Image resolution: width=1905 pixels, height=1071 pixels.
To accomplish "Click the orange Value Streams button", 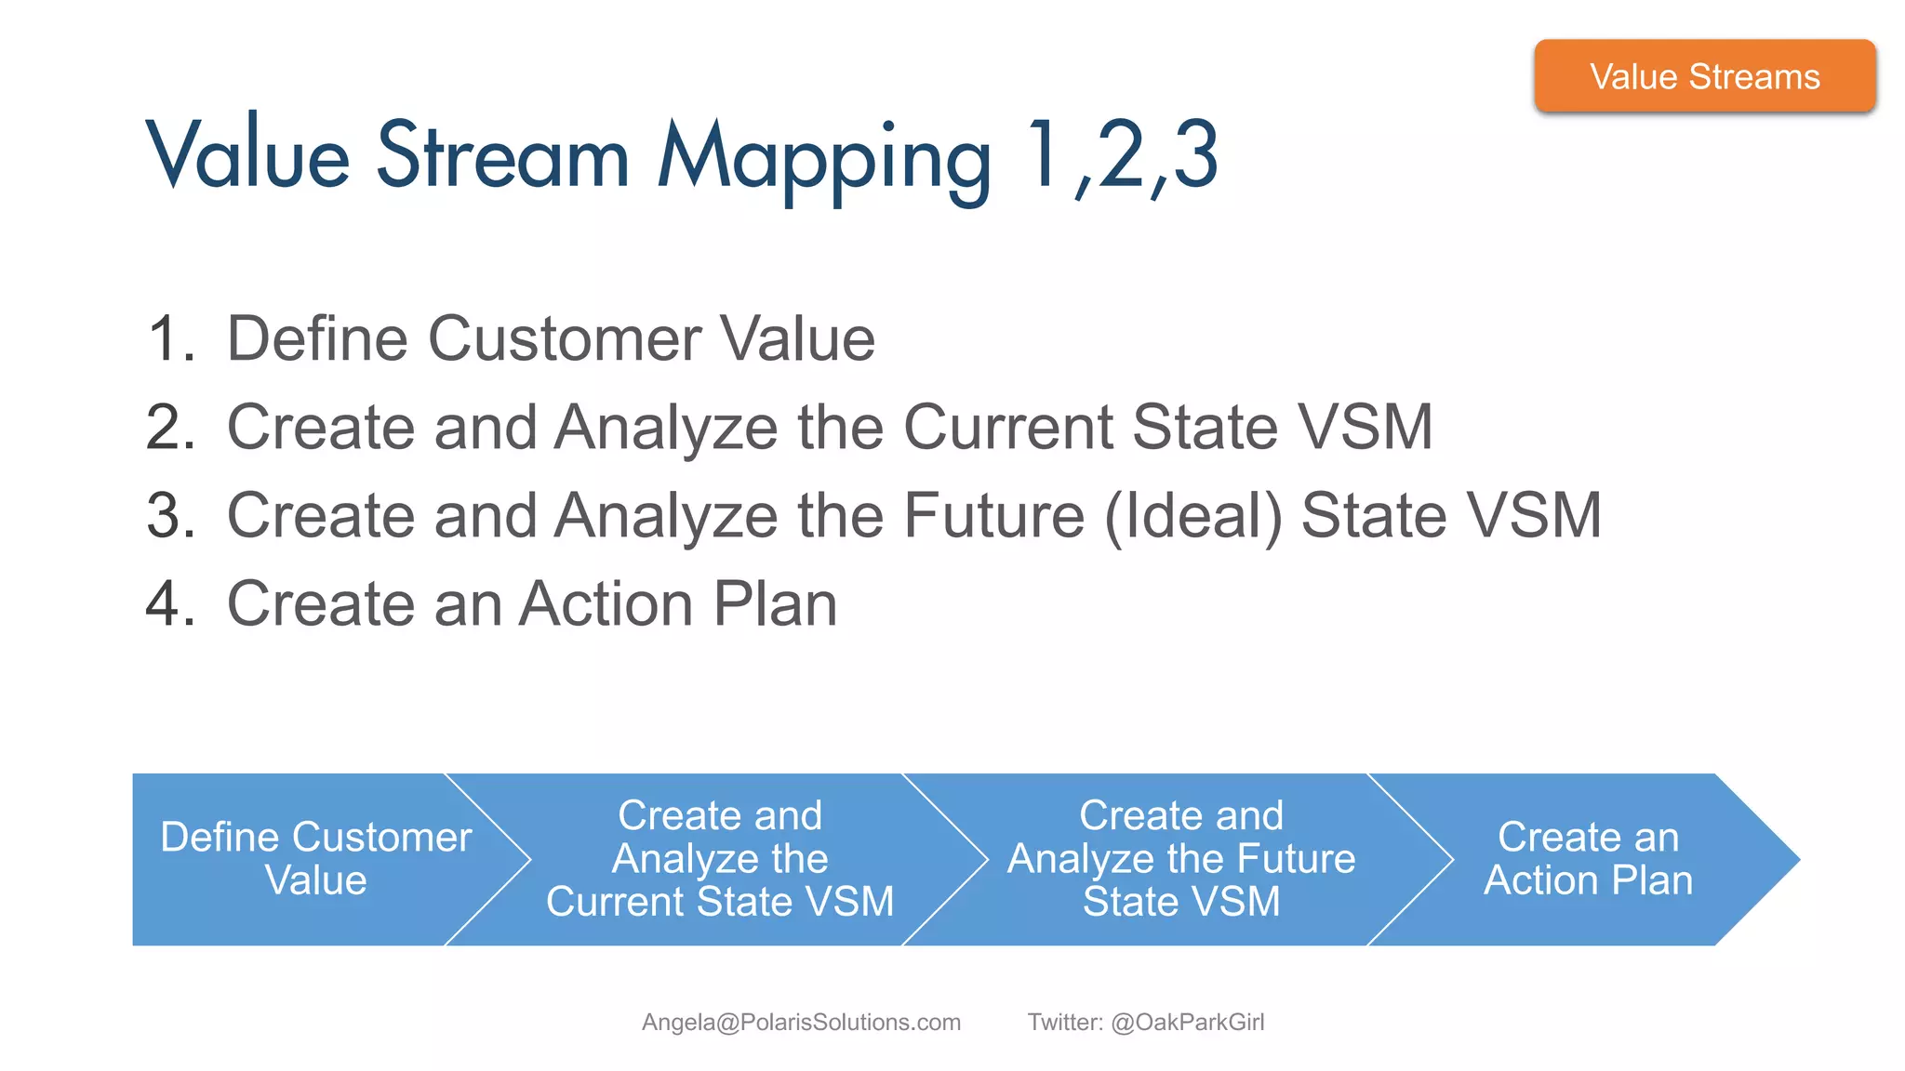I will click(1704, 76).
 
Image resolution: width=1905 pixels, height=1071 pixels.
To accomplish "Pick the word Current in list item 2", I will click(1008, 427).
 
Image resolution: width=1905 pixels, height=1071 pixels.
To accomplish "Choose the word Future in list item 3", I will click(993, 515).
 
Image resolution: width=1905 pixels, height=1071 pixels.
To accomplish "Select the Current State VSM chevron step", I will click(720, 859).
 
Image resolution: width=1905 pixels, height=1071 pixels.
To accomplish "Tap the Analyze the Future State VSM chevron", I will click(1181, 859).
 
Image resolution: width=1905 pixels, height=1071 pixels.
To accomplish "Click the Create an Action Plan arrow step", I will click(1587, 859).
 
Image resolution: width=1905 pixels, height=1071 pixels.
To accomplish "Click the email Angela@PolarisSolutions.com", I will click(801, 1022).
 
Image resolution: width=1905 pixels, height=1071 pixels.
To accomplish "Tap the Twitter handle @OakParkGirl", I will click(1187, 1022).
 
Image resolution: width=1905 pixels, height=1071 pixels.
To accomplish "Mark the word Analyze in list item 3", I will click(666, 515).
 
